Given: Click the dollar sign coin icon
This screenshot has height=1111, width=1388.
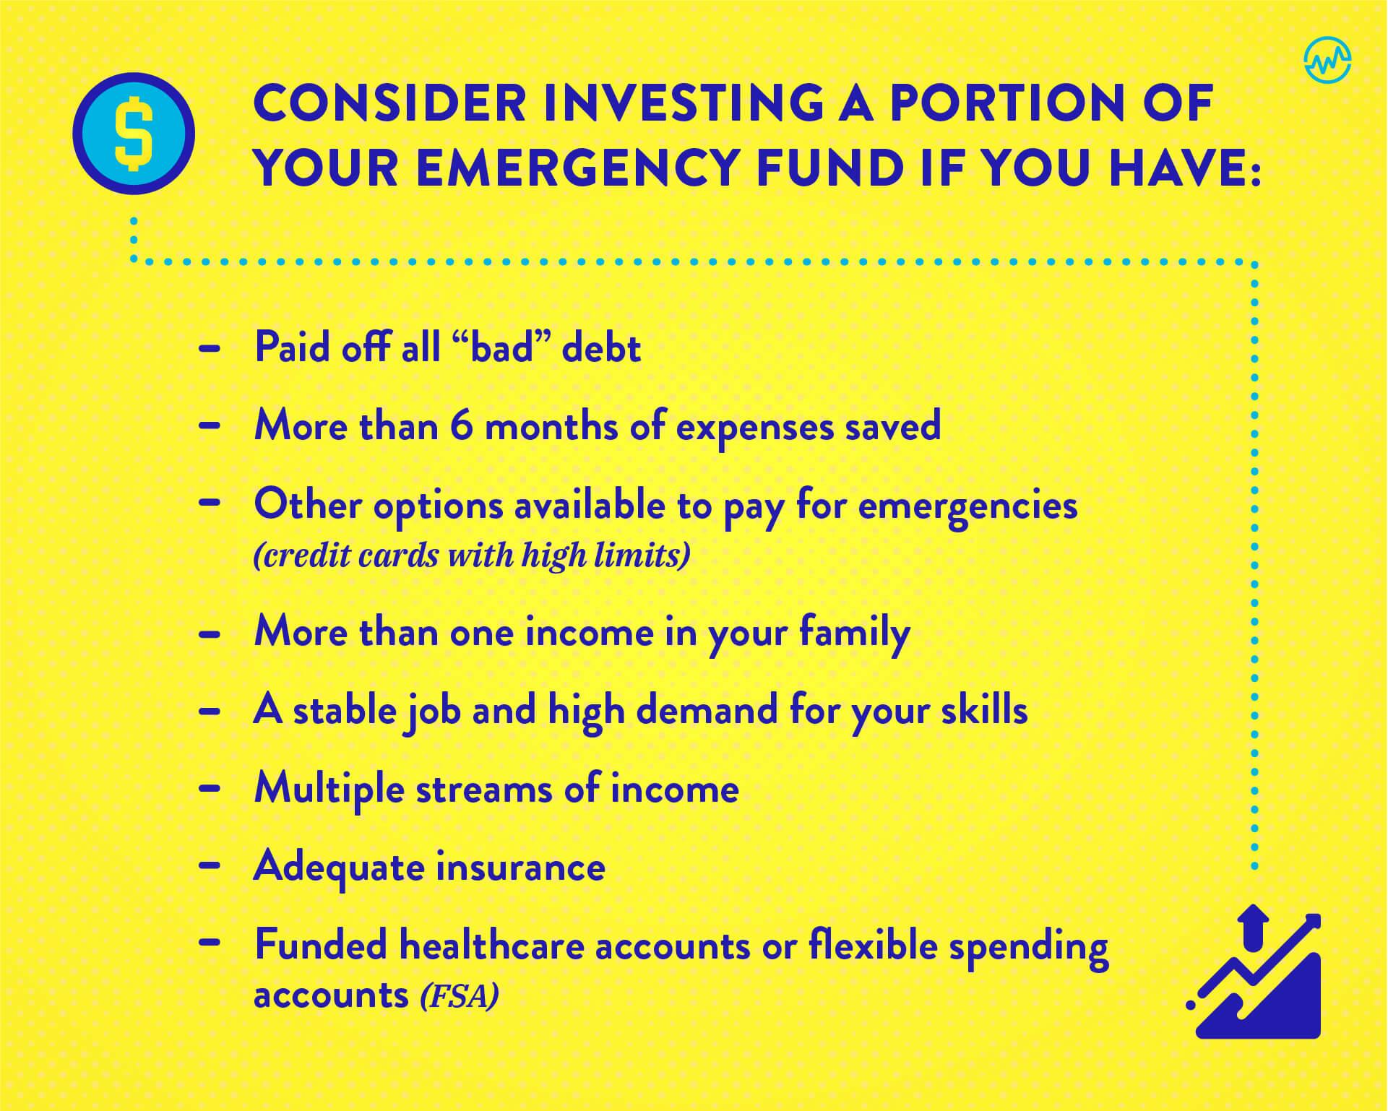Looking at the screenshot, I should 134,134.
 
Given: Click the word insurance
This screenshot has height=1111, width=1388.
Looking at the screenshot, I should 520,866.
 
